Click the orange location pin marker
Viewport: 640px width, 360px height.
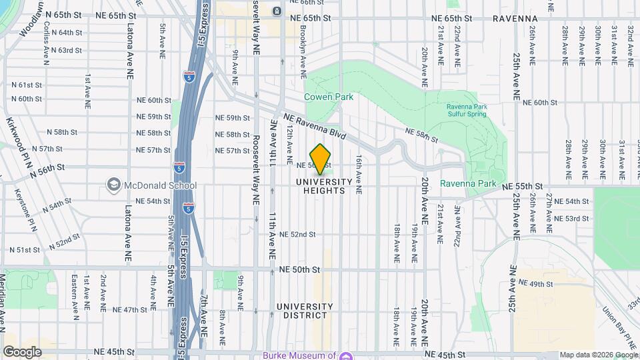(321, 159)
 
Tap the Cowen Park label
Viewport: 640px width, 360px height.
(329, 97)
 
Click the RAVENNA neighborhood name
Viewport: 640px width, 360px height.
(515, 18)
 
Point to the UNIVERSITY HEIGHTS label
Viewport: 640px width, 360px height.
(324, 186)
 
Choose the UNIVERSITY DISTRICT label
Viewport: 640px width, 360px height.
(305, 311)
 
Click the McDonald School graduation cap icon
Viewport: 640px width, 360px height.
(113, 185)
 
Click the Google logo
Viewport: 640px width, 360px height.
(22, 352)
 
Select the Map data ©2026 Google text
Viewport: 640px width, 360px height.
(598, 355)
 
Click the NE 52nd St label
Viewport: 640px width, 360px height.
(297, 235)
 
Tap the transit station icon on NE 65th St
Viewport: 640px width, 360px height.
(277, 11)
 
